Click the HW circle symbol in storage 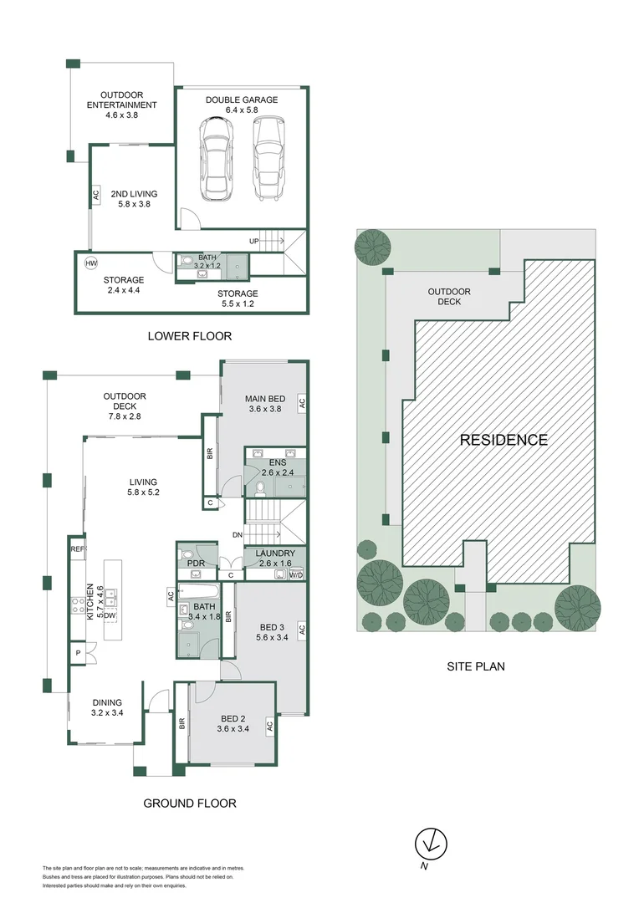91,263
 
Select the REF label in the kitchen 78,549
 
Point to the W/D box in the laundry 296,575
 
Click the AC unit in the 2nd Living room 95,195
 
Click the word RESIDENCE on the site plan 504,440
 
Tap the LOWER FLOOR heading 189,336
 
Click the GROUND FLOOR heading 189,804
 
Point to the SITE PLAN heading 475,666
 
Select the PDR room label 196,564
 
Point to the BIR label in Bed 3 228,620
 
